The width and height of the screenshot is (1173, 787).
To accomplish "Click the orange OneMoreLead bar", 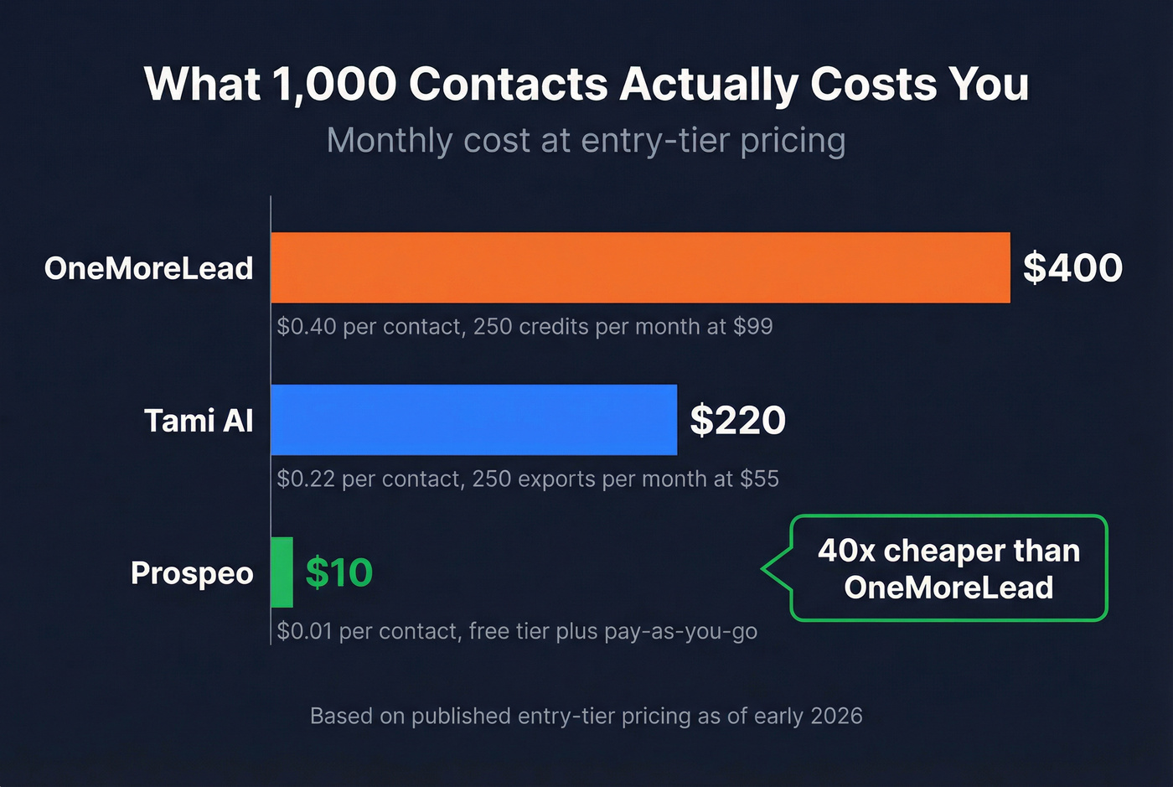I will coord(640,267).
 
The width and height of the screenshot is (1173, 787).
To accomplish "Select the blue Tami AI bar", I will coord(473,420).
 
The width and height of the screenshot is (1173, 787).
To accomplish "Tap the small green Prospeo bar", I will coord(282,572).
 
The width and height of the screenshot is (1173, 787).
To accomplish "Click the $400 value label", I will coord(1072,268).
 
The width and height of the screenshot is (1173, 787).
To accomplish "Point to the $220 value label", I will coord(737,420).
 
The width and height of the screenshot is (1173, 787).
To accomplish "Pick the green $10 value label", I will coord(338,573).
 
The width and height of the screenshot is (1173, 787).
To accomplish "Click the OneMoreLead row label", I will coord(148,268).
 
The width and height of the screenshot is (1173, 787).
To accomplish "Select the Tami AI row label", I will coord(199,421).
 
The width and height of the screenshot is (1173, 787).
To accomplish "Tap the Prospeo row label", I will coord(192,573).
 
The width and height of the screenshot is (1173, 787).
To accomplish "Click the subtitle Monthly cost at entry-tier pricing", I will coord(586,141).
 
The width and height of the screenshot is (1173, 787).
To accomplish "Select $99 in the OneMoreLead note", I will coord(752,326).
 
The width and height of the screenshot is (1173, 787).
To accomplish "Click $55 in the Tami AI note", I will coord(759,479).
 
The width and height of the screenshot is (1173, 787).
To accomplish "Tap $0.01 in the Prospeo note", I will coord(304,631).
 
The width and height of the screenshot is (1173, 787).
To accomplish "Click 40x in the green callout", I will coord(846,551).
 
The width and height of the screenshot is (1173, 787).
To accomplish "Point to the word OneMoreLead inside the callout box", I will coord(948,588).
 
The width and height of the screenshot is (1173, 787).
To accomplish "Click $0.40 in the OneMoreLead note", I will coord(307,326).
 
